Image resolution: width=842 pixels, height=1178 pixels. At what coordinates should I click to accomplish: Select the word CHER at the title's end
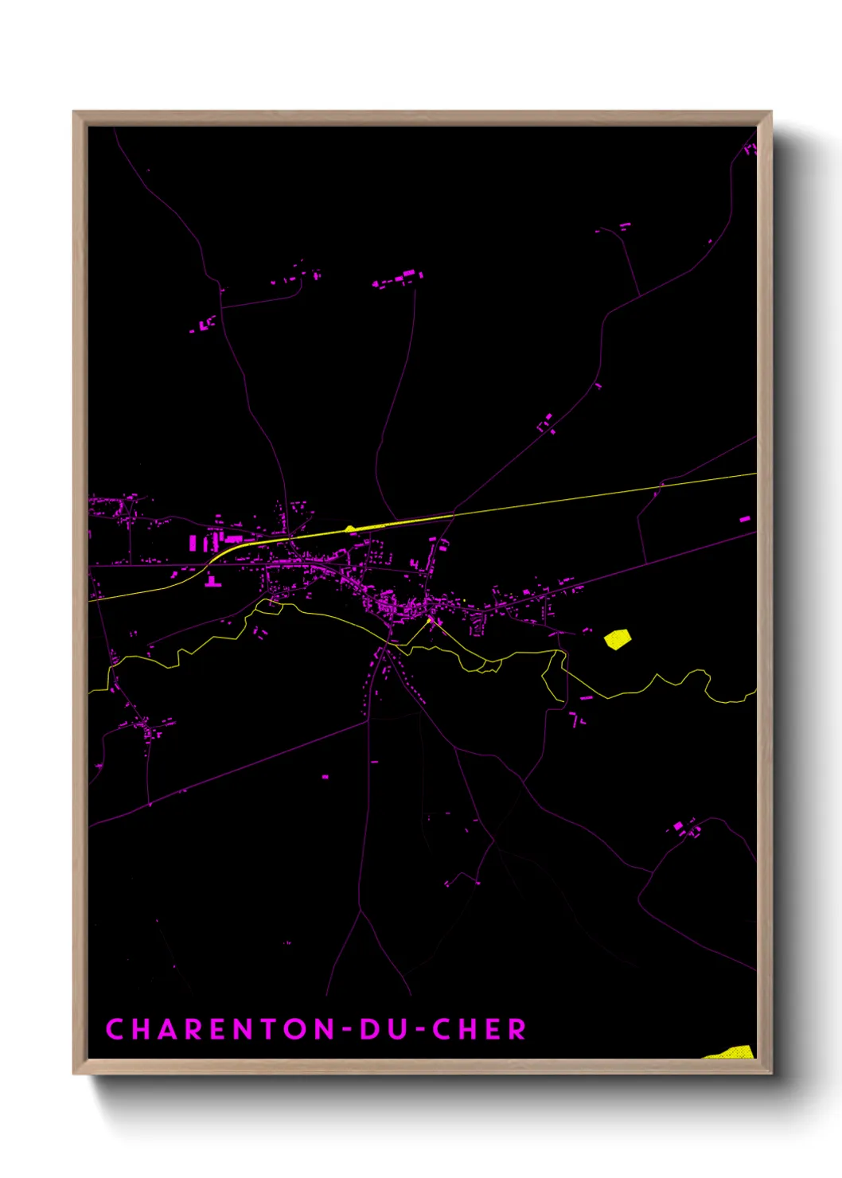pos(479,1029)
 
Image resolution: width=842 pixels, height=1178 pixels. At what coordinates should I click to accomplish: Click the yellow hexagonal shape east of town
pos(617,638)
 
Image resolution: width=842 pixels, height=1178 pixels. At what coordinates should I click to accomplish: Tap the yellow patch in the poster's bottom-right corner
pos(732,1052)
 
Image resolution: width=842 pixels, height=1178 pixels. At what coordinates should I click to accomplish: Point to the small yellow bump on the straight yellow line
pos(349,528)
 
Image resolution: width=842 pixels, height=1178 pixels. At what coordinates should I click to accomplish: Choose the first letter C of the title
pos(115,1029)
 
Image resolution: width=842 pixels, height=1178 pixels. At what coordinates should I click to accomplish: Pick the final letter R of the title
pos(517,1029)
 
